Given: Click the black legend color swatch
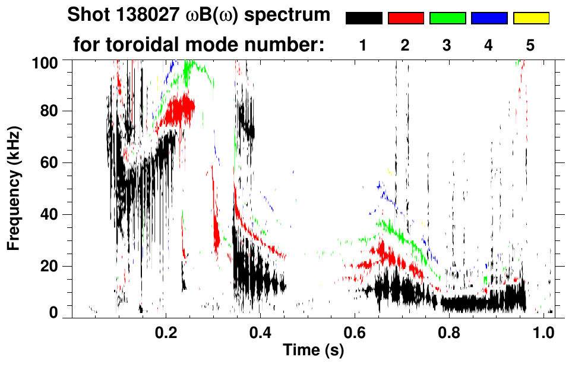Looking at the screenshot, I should pos(364,18).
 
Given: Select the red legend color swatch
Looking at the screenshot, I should pos(406,18).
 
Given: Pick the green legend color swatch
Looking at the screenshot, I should pos(447,18).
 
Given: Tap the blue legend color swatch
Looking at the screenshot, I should pos(489,18).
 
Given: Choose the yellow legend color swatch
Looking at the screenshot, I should pos(530,18).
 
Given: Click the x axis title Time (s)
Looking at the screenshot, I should pos(312,351).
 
